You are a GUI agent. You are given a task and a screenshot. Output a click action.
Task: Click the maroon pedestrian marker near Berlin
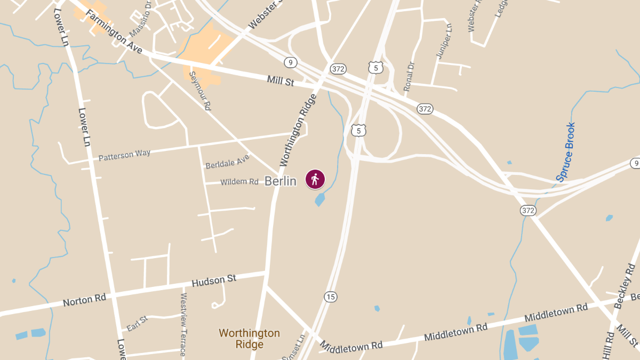(x=315, y=179)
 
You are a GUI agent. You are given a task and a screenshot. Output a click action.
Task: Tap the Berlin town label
(x=281, y=181)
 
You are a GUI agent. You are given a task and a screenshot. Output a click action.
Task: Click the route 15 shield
(x=331, y=297)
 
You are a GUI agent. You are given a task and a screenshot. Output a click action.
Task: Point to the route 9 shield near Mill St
(x=290, y=62)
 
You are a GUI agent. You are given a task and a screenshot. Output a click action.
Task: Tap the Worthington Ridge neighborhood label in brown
(x=249, y=339)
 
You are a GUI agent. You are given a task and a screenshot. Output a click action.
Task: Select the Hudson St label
(x=213, y=280)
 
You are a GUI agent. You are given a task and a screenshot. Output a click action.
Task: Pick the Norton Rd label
(x=84, y=300)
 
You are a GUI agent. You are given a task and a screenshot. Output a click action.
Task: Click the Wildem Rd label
(x=239, y=182)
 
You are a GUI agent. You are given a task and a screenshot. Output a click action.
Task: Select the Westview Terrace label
(x=183, y=324)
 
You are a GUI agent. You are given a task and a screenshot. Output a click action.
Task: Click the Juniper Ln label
(x=443, y=41)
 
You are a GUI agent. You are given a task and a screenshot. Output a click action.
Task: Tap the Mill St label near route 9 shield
(x=281, y=81)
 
